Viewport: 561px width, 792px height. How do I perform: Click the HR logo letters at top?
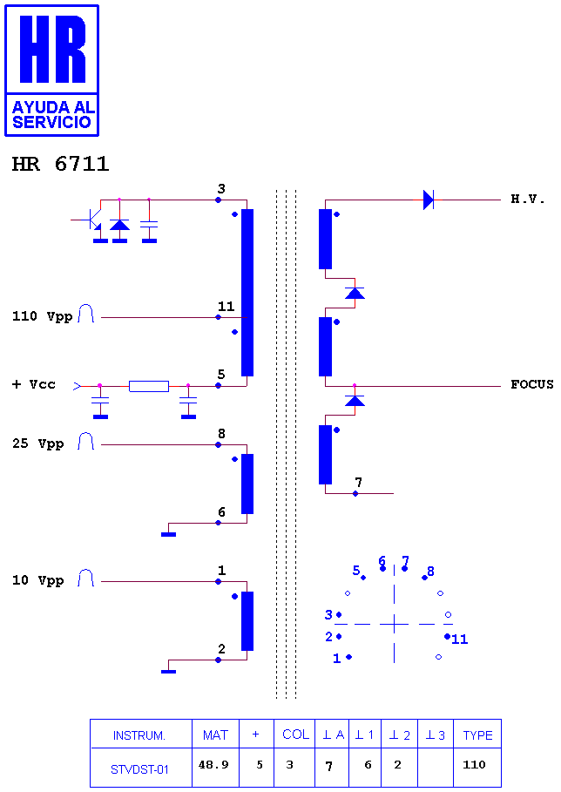click(x=52, y=49)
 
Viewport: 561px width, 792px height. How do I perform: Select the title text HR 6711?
click(x=60, y=164)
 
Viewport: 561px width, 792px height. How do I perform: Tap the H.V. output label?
click(x=528, y=199)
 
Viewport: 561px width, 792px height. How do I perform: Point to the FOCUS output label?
click(x=531, y=384)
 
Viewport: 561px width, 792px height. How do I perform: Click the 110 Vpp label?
click(x=43, y=316)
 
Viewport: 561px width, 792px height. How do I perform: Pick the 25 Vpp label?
click(x=37, y=444)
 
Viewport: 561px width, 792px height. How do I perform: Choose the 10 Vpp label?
click(x=37, y=580)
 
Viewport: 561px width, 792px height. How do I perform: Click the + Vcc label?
click(x=33, y=384)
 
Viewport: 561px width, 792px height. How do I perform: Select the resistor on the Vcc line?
click(x=149, y=386)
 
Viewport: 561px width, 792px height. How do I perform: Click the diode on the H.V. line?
click(x=429, y=200)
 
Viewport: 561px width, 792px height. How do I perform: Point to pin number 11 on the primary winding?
click(x=226, y=307)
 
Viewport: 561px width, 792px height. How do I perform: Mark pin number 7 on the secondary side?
click(x=358, y=482)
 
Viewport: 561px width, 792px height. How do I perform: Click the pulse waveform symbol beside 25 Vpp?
click(x=86, y=441)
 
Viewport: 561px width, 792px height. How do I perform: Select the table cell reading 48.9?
click(x=213, y=765)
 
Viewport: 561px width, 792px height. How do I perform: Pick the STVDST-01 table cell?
click(x=139, y=769)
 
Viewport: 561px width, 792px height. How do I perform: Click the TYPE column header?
click(x=477, y=735)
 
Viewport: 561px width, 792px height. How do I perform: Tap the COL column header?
click(x=295, y=734)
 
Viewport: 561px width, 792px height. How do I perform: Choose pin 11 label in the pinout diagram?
click(x=459, y=640)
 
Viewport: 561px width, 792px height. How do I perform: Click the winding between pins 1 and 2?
click(x=247, y=620)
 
